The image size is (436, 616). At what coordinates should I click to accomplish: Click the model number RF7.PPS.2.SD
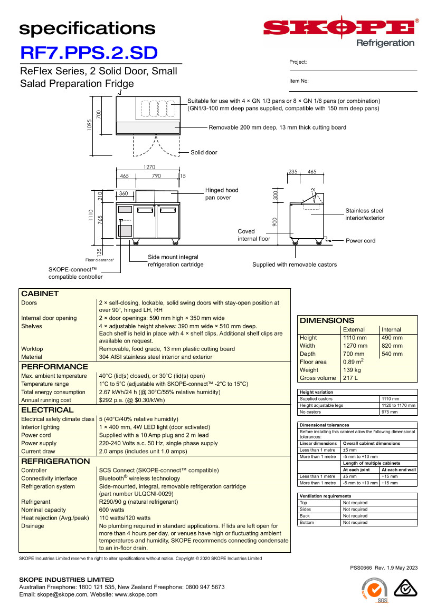pyautogui.click(x=89, y=53)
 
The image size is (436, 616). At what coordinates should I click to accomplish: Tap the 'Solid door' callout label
pyautogui.click(x=204, y=153)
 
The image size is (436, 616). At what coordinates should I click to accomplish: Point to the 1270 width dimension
pyautogui.click(x=149, y=167)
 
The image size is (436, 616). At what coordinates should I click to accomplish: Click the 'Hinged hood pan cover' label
pyautogui.click(x=222, y=194)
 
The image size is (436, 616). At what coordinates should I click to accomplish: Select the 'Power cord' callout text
pyautogui.click(x=361, y=241)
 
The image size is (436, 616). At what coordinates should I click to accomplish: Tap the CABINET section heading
pyautogui.click(x=40, y=294)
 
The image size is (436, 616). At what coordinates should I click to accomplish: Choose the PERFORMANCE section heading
pyautogui.click(x=54, y=367)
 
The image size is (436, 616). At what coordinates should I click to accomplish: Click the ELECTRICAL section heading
pyautogui.click(x=48, y=410)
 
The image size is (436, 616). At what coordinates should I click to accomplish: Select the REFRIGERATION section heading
pyautogui.click(x=55, y=461)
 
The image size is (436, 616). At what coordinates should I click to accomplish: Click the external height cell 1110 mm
pyautogui.click(x=355, y=338)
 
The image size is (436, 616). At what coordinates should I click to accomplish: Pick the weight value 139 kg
pyautogui.click(x=352, y=370)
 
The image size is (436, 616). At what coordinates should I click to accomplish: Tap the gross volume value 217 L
pyautogui.click(x=350, y=378)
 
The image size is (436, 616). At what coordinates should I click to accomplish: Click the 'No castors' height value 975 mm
pyautogui.click(x=390, y=412)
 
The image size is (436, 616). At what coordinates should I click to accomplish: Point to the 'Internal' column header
pyautogui.click(x=392, y=330)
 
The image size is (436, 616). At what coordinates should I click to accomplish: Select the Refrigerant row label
pyautogui.click(x=36, y=502)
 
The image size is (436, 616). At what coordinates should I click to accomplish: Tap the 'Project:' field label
pyautogui.click(x=298, y=62)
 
